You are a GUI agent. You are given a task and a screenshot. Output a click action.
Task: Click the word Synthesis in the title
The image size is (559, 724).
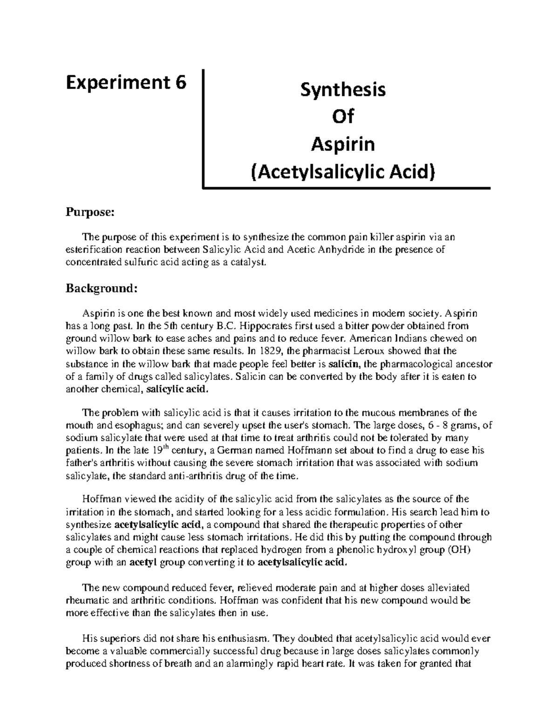click(343, 89)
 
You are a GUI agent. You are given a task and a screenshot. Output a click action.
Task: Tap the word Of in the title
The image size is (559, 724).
click(343, 117)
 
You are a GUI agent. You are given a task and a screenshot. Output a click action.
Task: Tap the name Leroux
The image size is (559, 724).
click(359, 351)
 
